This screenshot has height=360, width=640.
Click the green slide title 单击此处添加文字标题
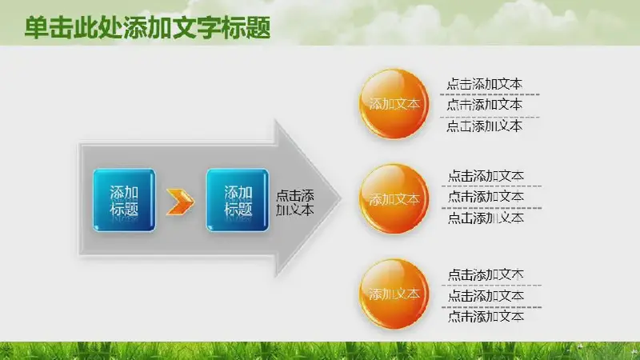click(x=147, y=28)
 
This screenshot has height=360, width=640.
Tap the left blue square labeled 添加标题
click(x=124, y=200)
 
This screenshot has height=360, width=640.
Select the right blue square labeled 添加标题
click(x=238, y=200)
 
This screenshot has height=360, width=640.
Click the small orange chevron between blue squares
click(x=181, y=202)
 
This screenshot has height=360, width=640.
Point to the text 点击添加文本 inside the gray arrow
click(x=294, y=202)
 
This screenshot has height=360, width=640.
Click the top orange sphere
click(x=394, y=104)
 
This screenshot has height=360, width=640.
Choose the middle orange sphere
click(x=394, y=198)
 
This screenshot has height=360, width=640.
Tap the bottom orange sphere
click(x=394, y=294)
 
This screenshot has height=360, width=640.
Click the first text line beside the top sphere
click(x=485, y=84)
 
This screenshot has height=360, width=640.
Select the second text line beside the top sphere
click(x=485, y=105)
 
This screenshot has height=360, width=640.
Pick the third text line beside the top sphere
click(x=485, y=126)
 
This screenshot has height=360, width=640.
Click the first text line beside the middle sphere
click(x=486, y=176)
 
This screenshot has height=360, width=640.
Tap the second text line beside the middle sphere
click(x=486, y=197)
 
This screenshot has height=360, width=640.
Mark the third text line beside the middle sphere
click(x=486, y=218)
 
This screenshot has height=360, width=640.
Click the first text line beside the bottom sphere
click(x=486, y=274)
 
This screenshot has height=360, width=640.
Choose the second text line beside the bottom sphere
click(x=486, y=295)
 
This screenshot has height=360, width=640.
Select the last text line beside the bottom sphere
click(x=486, y=316)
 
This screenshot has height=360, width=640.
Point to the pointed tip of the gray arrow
click(x=341, y=198)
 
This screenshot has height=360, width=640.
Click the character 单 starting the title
click(x=37, y=28)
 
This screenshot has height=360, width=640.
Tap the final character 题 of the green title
click(x=258, y=28)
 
